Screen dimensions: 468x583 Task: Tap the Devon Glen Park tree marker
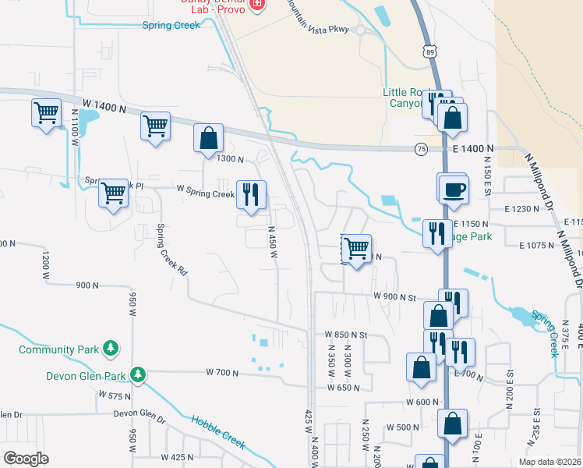click(138, 375)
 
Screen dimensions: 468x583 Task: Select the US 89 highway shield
click(430, 51)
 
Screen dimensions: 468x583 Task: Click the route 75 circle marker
click(422, 149)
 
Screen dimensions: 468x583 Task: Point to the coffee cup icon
click(454, 190)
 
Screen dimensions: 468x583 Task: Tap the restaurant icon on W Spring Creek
click(251, 195)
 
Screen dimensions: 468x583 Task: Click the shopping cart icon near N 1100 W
click(46, 113)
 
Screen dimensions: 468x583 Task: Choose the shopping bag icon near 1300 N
click(209, 138)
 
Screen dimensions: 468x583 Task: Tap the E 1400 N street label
click(470, 148)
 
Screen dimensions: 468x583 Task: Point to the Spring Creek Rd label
click(171, 251)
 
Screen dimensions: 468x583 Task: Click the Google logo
click(26, 459)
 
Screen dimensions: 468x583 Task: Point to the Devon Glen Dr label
click(140, 414)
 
